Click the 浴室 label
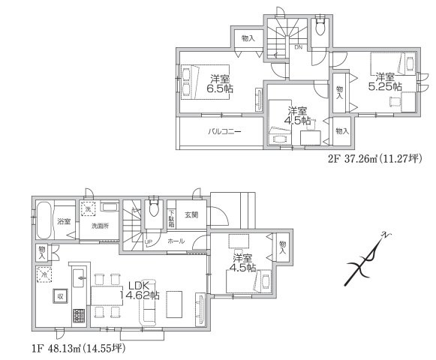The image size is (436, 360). click(x=63, y=222)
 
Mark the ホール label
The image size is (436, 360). click(x=176, y=241)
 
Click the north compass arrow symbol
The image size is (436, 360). click(x=368, y=259)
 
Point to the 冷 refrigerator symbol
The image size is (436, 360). click(x=42, y=274)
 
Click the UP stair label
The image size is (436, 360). click(x=148, y=241)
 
